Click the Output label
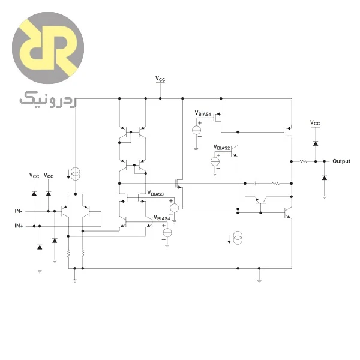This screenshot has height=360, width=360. [x=341, y=161]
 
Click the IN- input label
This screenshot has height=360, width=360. [x=19, y=211]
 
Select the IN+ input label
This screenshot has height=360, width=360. [x=19, y=226]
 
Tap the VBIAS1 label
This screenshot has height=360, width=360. [x=203, y=113]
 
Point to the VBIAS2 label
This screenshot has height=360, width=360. [x=221, y=148]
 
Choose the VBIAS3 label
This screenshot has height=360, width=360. [x=155, y=193]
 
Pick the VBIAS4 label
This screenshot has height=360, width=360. [x=161, y=218]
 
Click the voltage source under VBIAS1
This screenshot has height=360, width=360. [x=196, y=130]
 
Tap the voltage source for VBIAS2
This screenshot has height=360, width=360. [x=215, y=161]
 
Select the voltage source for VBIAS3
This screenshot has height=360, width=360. [x=174, y=208]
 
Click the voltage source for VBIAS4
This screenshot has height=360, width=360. [x=167, y=233]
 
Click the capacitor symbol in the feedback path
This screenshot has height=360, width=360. [x=254, y=184]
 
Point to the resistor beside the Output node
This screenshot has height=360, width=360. [x=303, y=161]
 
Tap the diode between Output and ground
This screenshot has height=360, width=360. [x=325, y=178]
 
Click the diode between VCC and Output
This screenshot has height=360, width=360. [x=316, y=143]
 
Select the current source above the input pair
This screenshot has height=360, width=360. [x=76, y=174]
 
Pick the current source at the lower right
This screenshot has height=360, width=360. [x=238, y=238]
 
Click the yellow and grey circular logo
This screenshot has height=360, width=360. [x=48, y=48]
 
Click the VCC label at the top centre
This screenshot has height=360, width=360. [x=160, y=79]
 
